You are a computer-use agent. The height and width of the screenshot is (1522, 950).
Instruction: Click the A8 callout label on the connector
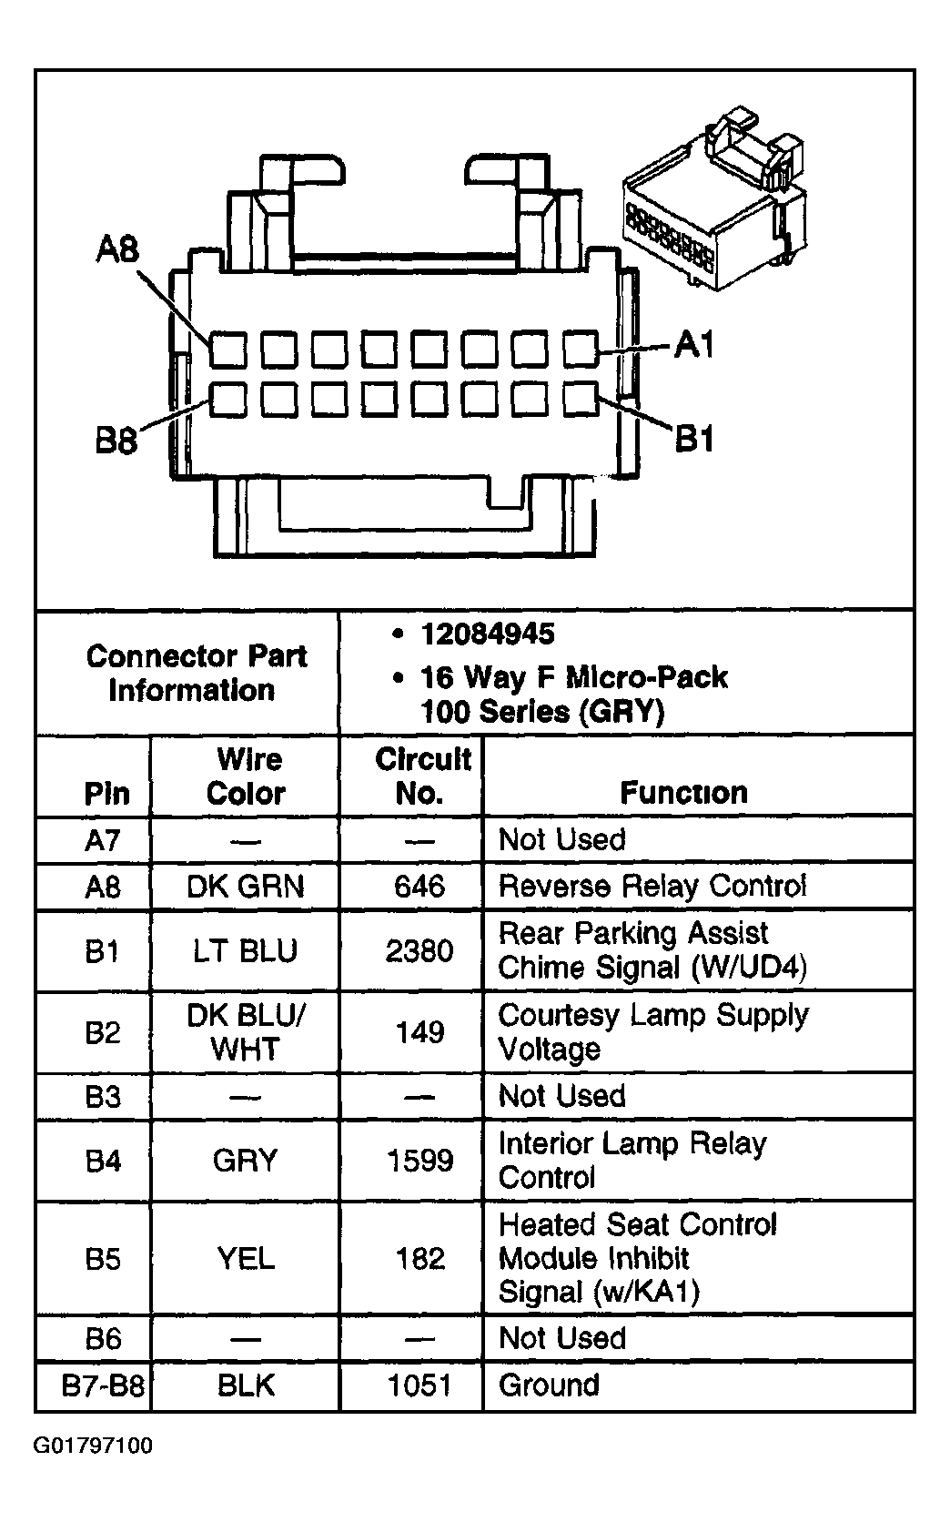click(x=117, y=249)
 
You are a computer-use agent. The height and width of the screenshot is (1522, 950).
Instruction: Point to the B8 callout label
click(x=116, y=443)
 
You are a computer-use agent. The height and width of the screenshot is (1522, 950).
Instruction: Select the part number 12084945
click(x=487, y=634)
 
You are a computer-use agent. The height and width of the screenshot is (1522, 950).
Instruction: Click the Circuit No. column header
click(x=421, y=776)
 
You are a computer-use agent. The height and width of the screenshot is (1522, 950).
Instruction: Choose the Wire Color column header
click(x=247, y=776)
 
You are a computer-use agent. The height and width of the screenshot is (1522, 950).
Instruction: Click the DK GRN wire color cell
click(x=246, y=886)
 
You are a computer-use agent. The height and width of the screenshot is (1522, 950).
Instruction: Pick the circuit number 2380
click(x=419, y=950)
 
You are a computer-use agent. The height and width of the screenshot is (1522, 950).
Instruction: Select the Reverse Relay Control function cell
click(x=652, y=886)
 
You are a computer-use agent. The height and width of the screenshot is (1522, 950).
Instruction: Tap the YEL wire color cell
click(x=246, y=1259)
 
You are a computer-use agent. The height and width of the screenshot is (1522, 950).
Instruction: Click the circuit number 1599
click(x=419, y=1161)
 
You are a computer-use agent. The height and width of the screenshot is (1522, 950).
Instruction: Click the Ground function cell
click(x=549, y=1385)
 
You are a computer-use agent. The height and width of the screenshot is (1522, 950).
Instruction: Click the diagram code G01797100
click(x=93, y=1446)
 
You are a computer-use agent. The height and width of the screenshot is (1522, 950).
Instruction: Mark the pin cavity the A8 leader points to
click(x=227, y=350)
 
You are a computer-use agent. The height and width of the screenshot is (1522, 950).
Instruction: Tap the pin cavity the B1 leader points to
click(x=579, y=398)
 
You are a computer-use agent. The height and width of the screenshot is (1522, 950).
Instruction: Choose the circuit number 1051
click(x=419, y=1385)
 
